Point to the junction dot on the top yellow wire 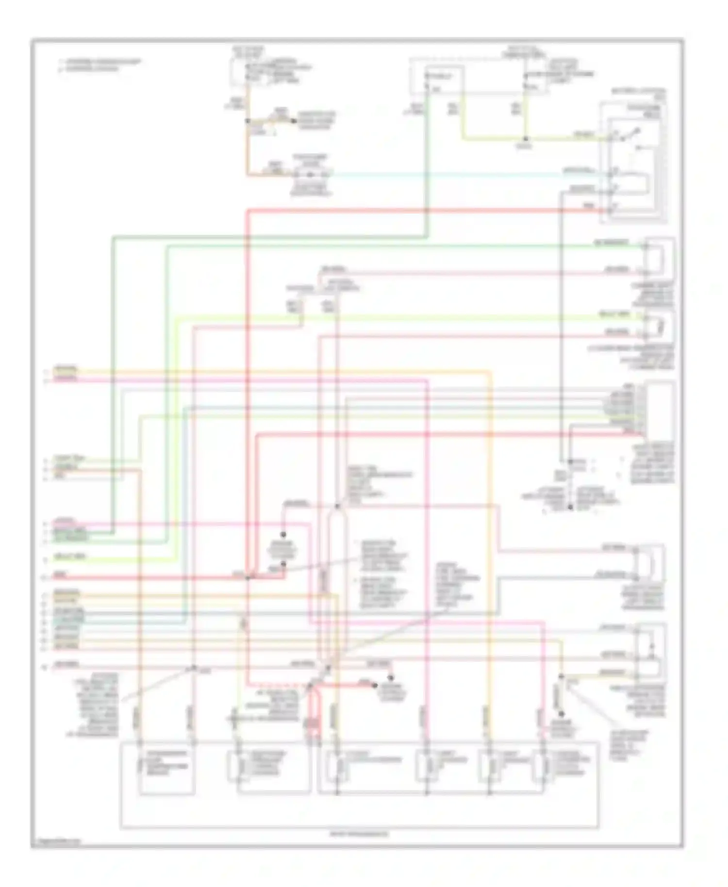point(525,139)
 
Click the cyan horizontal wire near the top point(437,174)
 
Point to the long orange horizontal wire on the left point(272,372)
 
